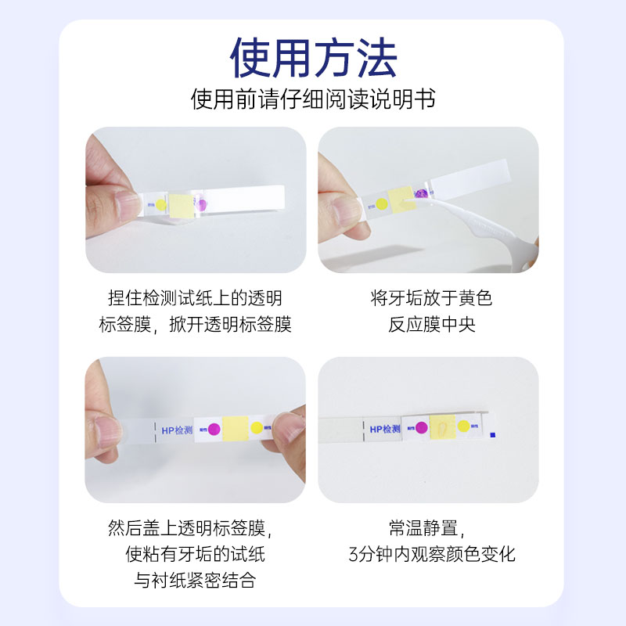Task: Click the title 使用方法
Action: pyautogui.click(x=313, y=56)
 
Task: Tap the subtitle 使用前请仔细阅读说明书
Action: pyautogui.click(x=313, y=100)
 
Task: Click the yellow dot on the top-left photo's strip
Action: pyautogui.click(x=160, y=206)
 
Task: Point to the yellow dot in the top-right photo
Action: pyautogui.click(x=381, y=205)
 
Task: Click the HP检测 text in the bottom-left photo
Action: pyautogui.click(x=174, y=430)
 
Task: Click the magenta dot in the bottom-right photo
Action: pyautogui.click(x=421, y=428)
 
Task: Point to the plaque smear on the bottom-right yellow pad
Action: pyautogui.click(x=442, y=428)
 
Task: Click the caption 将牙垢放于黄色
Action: pyautogui.click(x=431, y=299)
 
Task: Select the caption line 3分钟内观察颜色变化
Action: pyautogui.click(x=431, y=555)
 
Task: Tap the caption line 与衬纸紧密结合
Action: pyautogui.click(x=195, y=581)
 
